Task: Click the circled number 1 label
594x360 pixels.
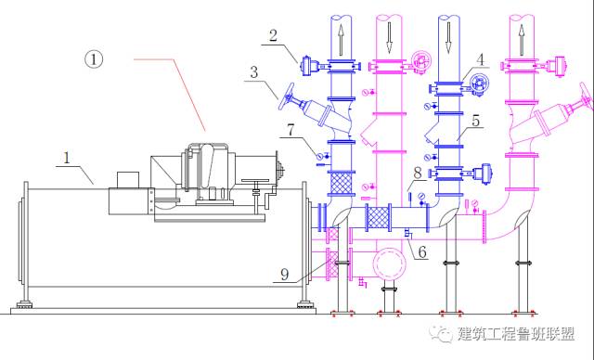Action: (94, 59)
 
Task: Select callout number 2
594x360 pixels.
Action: (273, 35)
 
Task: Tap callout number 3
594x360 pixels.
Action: (254, 71)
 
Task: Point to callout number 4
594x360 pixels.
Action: (480, 59)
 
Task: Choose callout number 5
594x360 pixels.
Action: (475, 121)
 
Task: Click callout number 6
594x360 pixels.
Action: (422, 251)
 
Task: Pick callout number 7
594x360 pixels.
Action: (291, 130)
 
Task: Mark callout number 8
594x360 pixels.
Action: (417, 173)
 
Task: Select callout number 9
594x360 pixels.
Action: (285, 274)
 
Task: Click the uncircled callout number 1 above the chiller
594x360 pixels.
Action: (67, 158)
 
